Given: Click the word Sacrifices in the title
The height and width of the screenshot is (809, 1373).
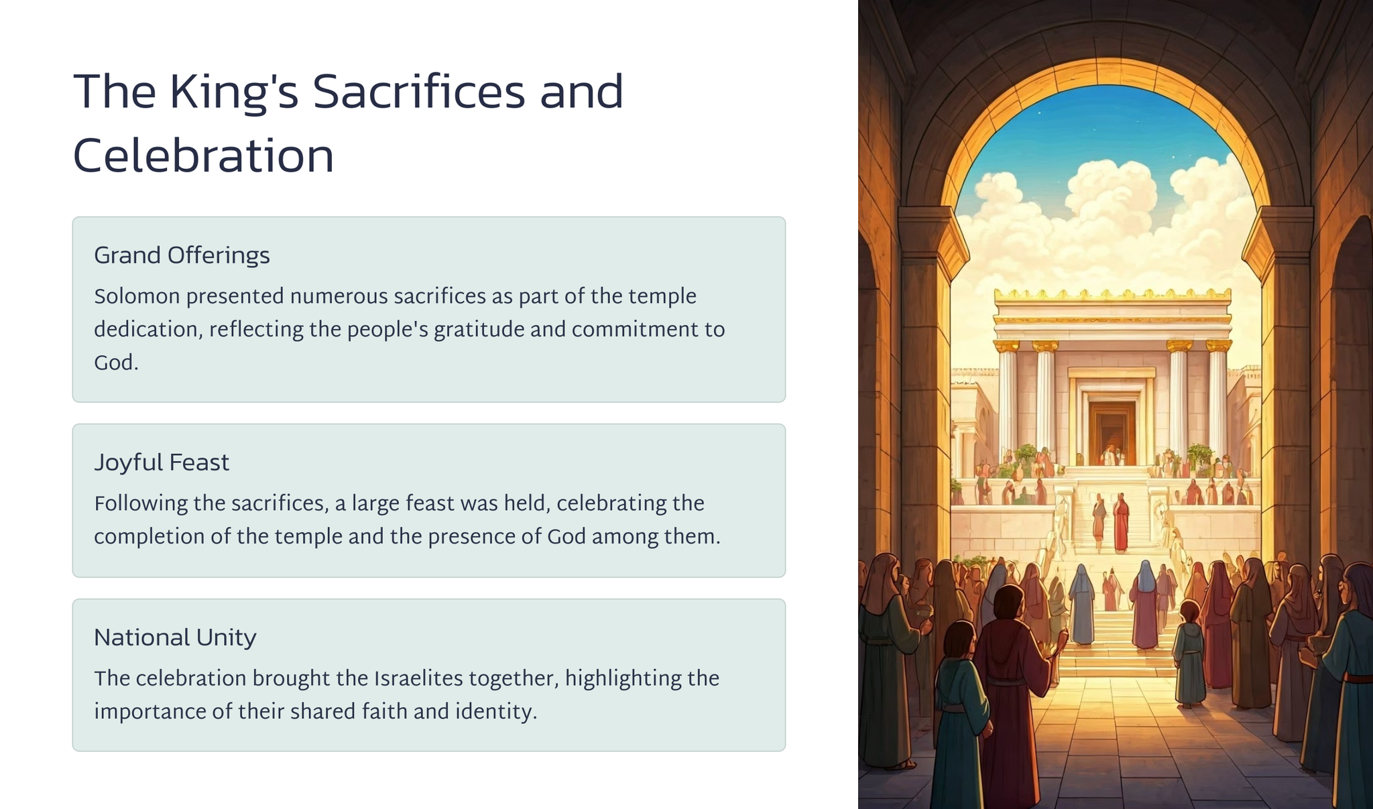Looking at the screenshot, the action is coord(418,92).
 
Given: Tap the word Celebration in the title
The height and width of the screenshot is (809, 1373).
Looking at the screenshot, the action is coord(203,155).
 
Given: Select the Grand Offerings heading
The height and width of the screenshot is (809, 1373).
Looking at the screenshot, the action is coord(182,256).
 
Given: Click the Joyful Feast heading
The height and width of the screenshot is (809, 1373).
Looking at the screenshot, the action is coord(162,463).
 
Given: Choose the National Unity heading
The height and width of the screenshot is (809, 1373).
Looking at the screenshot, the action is coord(175,638).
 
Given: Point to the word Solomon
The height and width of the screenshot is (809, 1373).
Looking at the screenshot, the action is coord(137,296).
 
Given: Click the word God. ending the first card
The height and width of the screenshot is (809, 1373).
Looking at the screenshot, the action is coord(116,363).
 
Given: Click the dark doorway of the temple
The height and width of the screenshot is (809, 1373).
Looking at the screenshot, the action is coord(1112,432).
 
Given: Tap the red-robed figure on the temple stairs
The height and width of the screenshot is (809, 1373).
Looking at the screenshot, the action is coord(1121,523).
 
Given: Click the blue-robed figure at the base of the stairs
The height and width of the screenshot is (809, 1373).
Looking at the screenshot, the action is coord(1081,605).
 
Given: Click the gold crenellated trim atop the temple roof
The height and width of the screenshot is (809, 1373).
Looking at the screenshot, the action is coord(1112,294).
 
